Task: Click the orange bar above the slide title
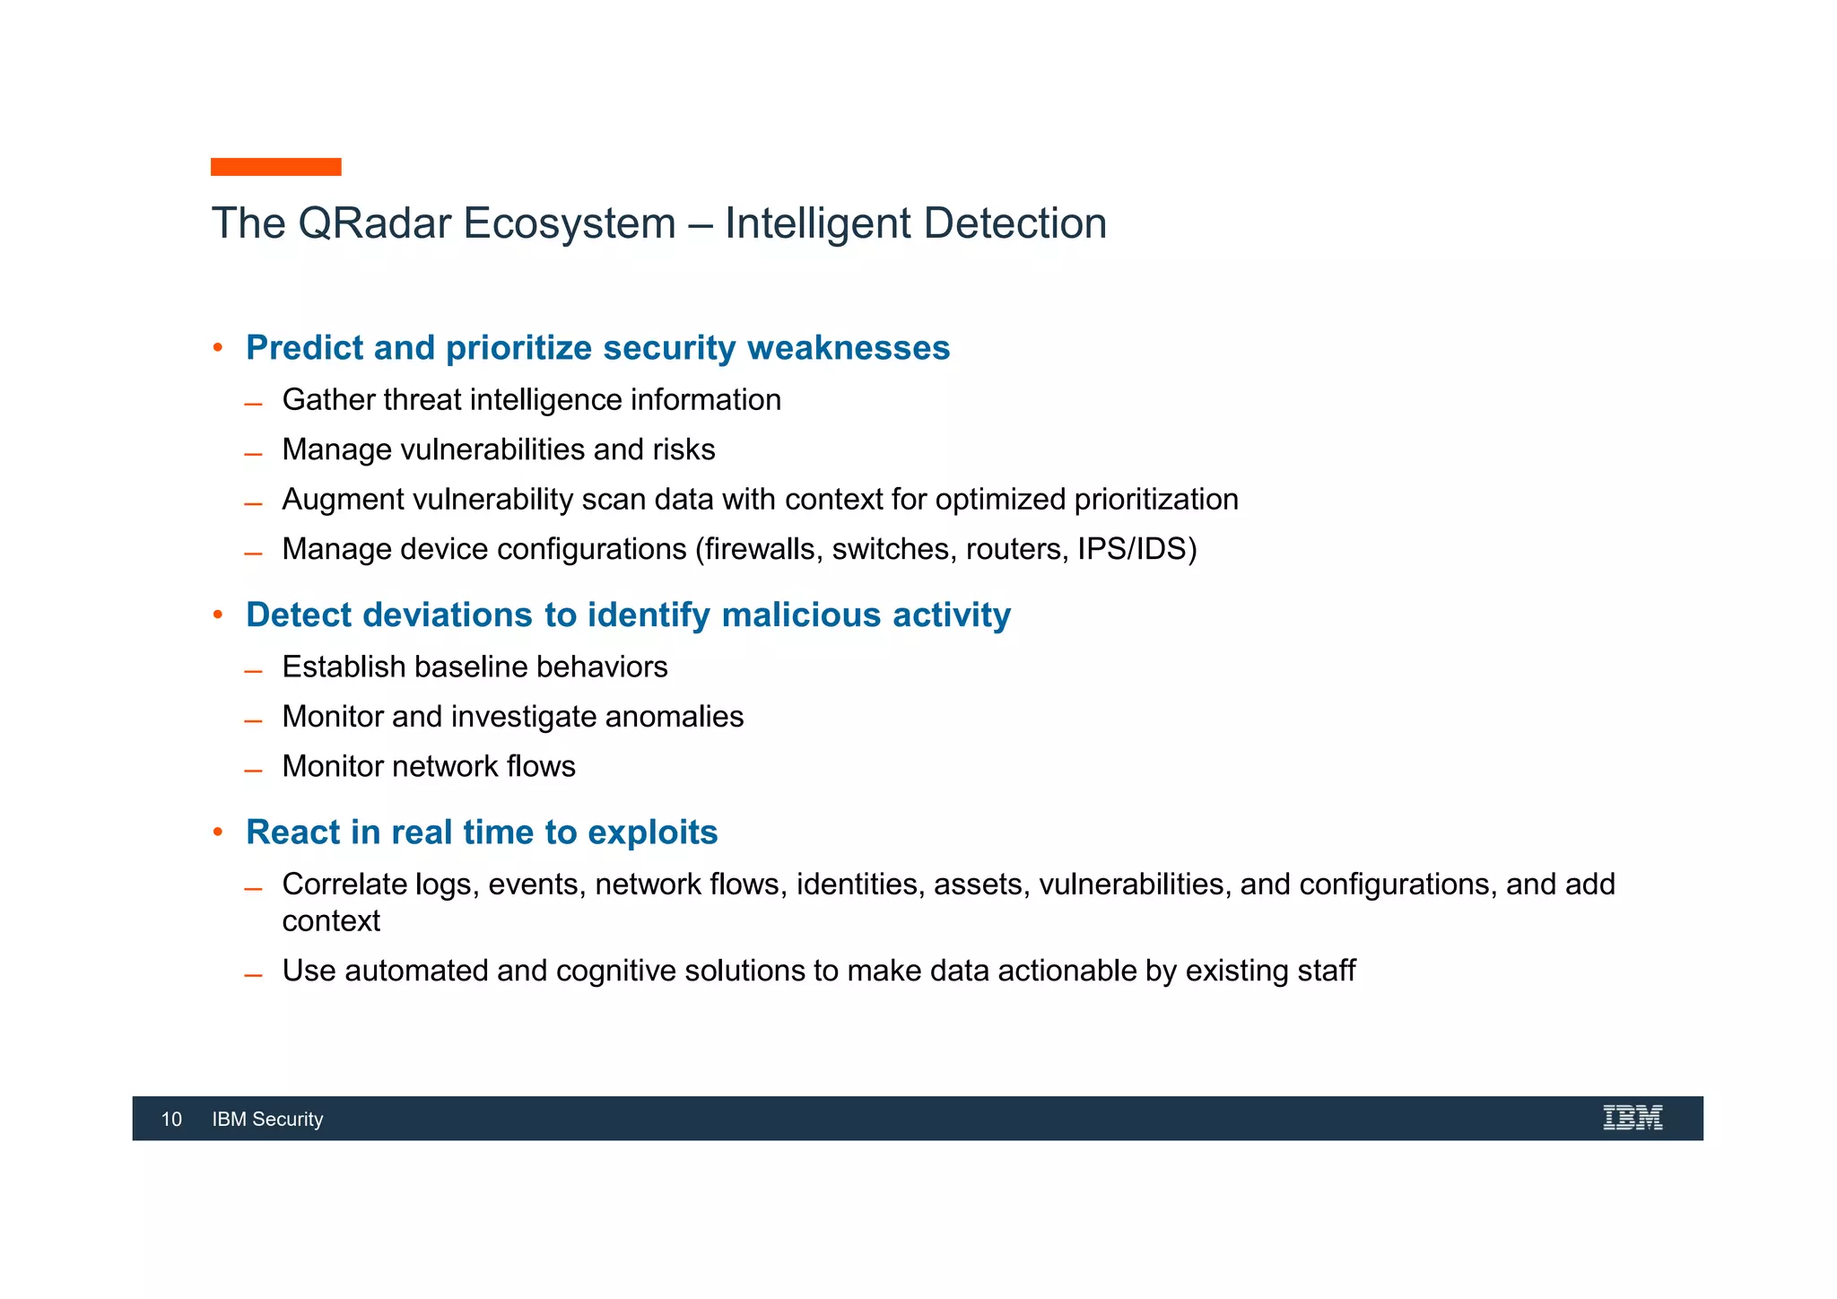(275, 167)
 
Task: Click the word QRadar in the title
(374, 223)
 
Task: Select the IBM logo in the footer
(1632, 1118)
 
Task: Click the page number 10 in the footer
(171, 1119)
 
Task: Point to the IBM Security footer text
(267, 1119)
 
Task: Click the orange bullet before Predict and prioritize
(217, 347)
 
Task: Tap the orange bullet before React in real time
(217, 832)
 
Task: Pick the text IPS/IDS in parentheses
(1131, 549)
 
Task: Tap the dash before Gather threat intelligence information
(253, 405)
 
